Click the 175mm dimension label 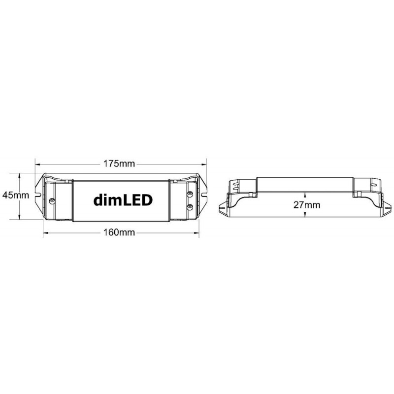tap(119, 164)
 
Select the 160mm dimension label tap(119, 232)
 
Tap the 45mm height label tap(16, 195)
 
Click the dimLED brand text tap(123, 200)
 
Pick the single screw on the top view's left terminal tap(52, 201)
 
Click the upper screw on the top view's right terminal tap(190, 194)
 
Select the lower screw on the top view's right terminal tap(190, 207)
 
